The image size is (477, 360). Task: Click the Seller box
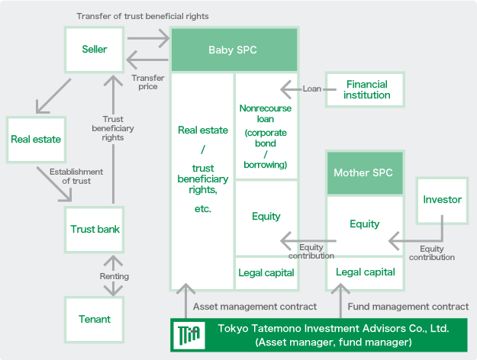click(95, 50)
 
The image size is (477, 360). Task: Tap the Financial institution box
click(365, 90)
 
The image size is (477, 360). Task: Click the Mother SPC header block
click(365, 172)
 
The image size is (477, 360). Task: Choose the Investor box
click(443, 201)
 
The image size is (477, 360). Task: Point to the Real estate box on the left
click(36, 140)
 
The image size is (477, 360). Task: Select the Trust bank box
click(95, 230)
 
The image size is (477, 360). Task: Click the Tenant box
click(95, 320)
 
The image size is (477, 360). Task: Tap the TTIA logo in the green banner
click(189, 335)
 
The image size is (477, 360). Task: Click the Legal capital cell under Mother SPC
click(365, 272)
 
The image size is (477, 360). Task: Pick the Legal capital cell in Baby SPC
click(266, 273)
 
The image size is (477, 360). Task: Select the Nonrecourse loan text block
click(266, 137)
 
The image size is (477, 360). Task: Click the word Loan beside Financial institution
click(312, 88)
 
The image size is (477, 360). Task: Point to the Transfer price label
click(148, 82)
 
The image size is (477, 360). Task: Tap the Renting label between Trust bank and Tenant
click(114, 276)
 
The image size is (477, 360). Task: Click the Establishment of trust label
click(76, 176)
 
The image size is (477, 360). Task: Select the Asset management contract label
click(255, 307)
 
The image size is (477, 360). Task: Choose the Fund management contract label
click(408, 307)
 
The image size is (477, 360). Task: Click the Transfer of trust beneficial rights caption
click(143, 16)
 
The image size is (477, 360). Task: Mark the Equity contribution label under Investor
click(432, 253)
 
